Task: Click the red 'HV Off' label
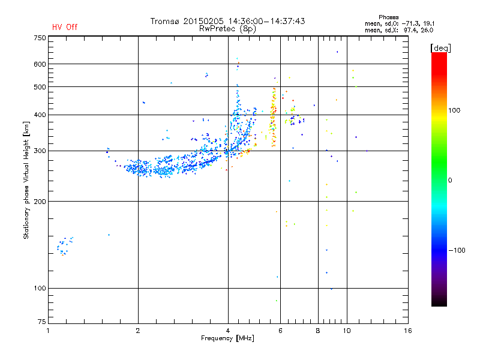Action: pos(65,27)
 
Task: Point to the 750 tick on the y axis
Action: pos(40,38)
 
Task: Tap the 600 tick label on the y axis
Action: pos(40,64)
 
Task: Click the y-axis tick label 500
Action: pos(40,87)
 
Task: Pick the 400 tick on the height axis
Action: pos(40,115)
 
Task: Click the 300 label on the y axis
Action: pos(40,151)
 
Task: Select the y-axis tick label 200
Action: pos(40,202)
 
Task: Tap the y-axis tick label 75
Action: pos(41,323)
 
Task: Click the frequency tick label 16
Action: pos(407,331)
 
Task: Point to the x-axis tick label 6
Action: pos(280,331)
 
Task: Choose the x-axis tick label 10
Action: pos(346,331)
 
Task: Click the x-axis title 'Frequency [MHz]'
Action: pos(227,339)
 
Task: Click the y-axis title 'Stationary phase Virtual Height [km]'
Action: pos(26,179)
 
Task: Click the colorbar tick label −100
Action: pos(457,250)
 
